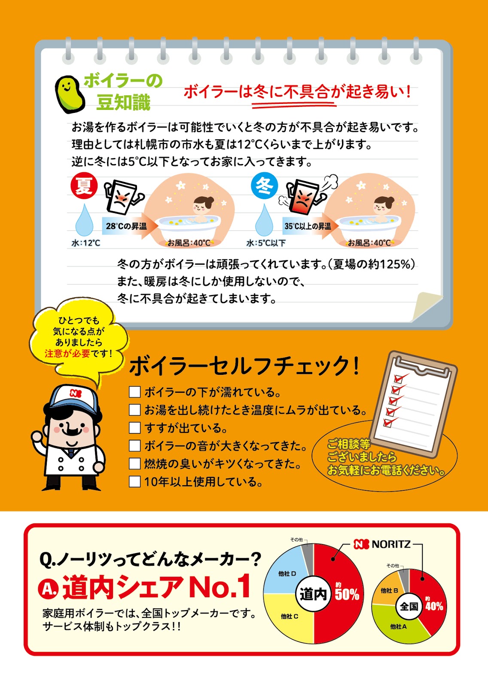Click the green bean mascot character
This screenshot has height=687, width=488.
(70, 94)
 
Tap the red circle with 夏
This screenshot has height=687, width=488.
(84, 186)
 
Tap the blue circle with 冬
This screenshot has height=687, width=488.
(264, 186)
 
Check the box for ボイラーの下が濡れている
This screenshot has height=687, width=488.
(134, 392)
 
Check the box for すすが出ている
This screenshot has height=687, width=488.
(134, 428)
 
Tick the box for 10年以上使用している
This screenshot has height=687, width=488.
(134, 481)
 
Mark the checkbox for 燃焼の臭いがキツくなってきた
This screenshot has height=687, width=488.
(134, 463)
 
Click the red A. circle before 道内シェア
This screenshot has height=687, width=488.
(48, 588)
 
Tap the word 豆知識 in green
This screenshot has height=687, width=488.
(124, 102)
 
